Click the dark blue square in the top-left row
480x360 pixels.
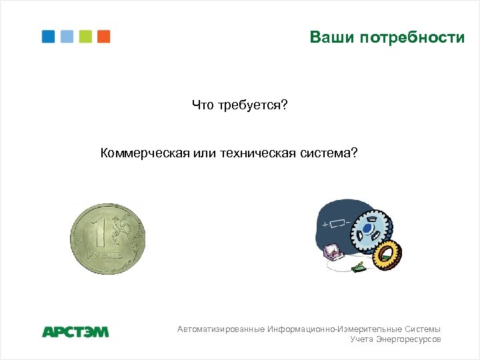49,37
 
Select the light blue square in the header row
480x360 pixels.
67,37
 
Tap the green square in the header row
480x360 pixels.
85,37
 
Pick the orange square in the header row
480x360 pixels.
103,37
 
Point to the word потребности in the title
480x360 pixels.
412,37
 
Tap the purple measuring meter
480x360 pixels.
331,252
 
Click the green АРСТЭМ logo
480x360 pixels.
75,331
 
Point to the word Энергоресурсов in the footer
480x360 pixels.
408,340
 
